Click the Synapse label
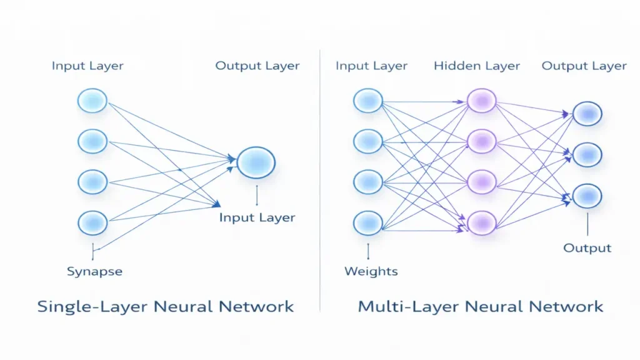94,271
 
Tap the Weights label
371,271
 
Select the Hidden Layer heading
476,66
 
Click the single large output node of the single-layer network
256,162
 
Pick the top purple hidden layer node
481,100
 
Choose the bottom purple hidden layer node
481,222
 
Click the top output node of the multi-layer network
587,113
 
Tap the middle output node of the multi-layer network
587,154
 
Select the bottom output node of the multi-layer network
587,196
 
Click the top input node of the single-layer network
92,101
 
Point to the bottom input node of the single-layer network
92,222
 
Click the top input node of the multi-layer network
368,100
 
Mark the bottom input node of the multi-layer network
368,222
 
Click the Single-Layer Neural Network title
166,306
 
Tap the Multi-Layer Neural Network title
480,306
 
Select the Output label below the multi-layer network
587,248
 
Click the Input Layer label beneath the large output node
257,217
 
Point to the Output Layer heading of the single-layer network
257,66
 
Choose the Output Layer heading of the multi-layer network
584,66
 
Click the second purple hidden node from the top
481,141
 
